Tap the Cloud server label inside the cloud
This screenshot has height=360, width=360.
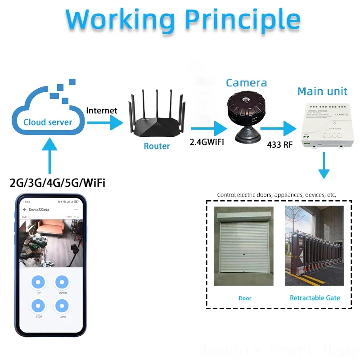tap(48, 122)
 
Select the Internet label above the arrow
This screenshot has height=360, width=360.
tap(102, 111)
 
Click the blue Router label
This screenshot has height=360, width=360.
tap(157, 146)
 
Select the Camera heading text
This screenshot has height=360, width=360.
tap(246, 83)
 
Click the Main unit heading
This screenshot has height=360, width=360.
tap(322, 91)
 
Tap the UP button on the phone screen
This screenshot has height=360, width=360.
tap(39, 283)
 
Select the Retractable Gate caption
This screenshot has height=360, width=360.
tap(315, 298)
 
